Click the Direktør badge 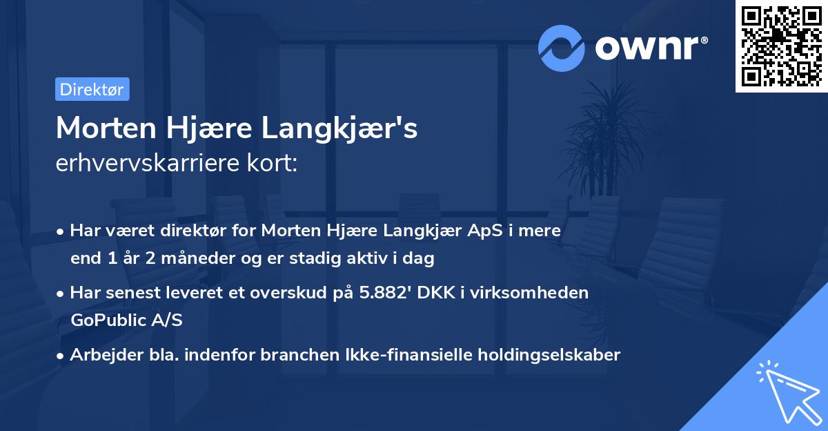click(92, 89)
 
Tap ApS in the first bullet click(465, 231)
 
